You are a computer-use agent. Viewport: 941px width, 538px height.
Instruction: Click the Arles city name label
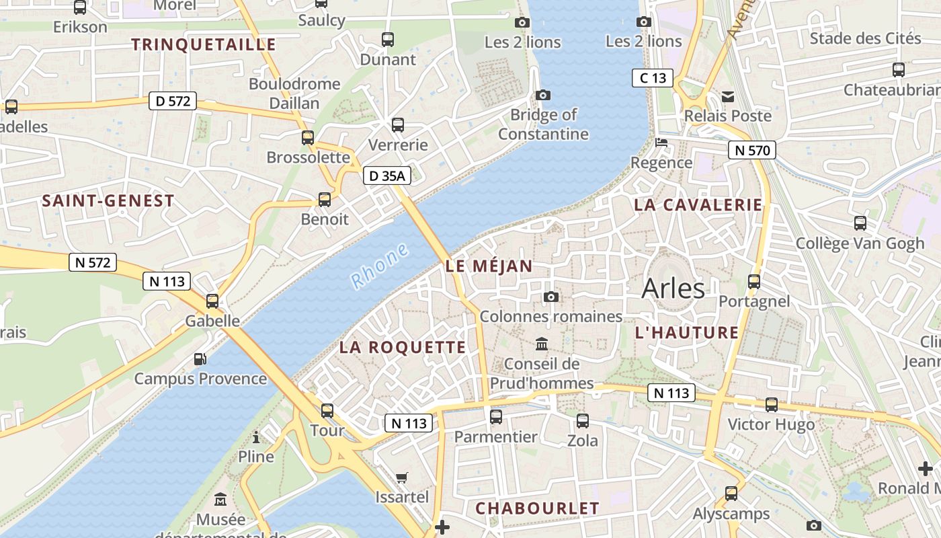[673, 289]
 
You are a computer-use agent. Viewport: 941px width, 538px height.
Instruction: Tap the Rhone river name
[380, 266]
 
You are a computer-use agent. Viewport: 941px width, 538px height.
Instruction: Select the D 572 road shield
[173, 102]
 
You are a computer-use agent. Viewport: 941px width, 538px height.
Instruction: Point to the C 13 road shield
[653, 78]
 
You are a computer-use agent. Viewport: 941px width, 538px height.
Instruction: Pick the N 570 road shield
[752, 150]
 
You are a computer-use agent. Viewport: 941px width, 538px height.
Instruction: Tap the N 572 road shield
[93, 262]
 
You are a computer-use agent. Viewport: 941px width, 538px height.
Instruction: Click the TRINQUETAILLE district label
[204, 45]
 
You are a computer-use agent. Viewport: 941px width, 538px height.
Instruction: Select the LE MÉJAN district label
[489, 266]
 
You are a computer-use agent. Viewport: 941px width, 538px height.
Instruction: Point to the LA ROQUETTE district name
[402, 347]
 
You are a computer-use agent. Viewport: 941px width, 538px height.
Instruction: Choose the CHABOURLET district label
[537, 508]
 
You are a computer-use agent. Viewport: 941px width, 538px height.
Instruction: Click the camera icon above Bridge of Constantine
[542, 95]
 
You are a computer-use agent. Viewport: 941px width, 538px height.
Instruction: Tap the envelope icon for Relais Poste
[728, 97]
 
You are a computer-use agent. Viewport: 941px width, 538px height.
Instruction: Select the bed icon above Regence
[662, 143]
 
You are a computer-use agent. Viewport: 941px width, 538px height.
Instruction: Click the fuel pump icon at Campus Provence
[200, 359]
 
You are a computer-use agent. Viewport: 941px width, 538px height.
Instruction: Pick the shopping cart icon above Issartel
[402, 478]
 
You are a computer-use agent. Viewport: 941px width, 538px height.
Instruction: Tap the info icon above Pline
[256, 438]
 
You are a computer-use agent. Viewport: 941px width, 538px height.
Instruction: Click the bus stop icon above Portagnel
[754, 282]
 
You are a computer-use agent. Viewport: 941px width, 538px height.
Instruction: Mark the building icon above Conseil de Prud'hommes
[541, 345]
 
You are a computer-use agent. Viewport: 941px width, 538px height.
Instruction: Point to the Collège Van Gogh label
[860, 243]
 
